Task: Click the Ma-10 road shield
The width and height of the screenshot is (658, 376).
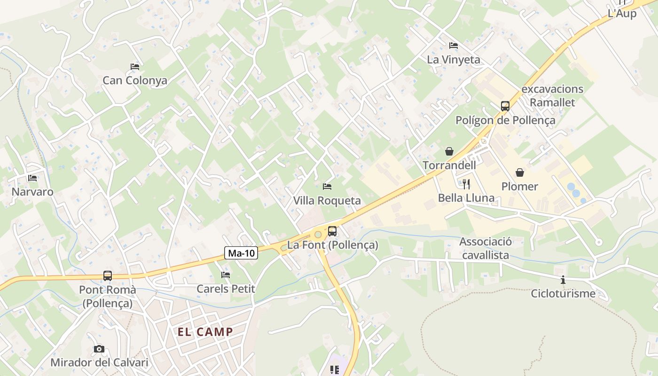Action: point(242,253)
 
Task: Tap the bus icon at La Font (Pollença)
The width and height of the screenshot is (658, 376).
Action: point(332,231)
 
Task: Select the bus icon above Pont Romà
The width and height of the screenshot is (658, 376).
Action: point(108,276)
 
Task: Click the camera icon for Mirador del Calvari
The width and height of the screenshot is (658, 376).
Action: point(99,349)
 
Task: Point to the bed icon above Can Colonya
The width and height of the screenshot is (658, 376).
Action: point(135,66)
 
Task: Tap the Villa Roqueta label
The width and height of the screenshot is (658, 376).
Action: point(327,201)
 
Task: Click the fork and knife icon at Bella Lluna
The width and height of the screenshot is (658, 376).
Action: point(466,184)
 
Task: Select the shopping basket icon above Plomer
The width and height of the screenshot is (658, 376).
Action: point(520,172)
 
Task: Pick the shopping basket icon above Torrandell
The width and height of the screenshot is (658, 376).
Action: point(449,151)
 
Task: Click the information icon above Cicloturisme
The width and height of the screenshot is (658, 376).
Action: point(563,280)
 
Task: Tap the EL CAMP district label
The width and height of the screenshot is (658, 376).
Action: point(205,332)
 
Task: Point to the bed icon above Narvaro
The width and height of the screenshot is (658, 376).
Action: point(32,178)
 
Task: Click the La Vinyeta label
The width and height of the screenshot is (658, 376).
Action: point(454,60)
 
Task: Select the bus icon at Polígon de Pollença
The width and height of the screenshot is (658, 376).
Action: point(505,106)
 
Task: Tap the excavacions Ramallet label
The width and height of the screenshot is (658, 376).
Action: point(552,95)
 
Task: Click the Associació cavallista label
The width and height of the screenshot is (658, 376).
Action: point(486,248)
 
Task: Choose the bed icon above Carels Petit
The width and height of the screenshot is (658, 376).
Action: point(226,275)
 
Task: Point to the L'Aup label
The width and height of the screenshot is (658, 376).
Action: point(622,14)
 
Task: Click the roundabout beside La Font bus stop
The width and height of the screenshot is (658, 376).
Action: point(318,234)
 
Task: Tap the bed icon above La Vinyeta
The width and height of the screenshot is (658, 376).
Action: point(454,46)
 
